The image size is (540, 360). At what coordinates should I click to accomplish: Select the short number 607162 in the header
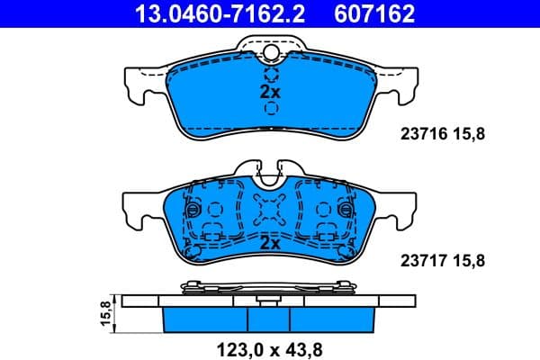pyautogui.click(x=376, y=13)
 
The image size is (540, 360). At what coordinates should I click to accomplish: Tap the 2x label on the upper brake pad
pyautogui.click(x=270, y=92)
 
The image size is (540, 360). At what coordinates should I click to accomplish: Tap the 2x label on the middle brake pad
pyautogui.click(x=270, y=243)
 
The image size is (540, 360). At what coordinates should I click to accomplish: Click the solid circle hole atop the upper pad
pyautogui.click(x=270, y=54)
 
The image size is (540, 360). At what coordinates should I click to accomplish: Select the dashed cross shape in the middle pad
pyautogui.click(x=270, y=212)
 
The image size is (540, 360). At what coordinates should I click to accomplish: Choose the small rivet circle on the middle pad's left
pyautogui.click(x=190, y=211)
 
